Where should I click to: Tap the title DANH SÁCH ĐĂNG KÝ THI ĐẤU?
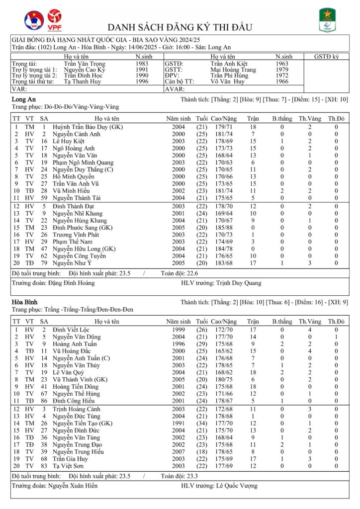[x=180, y=27]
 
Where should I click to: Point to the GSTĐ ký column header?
[x=326, y=57]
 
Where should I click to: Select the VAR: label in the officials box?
[x=19, y=89]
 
